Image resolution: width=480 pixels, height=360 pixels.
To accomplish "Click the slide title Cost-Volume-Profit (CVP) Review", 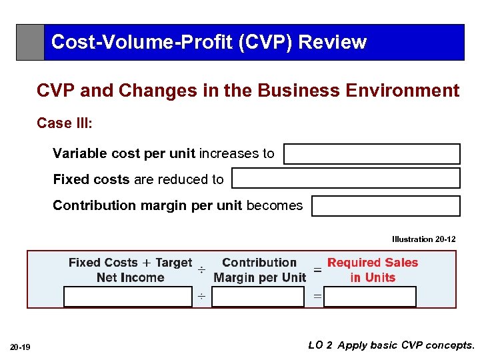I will pyautogui.click(x=208, y=42).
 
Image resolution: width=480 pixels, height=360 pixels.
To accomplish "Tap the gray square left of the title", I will pyautogui.click(x=30, y=43).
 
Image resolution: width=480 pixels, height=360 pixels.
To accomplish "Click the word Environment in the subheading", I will pyautogui.click(x=407, y=91).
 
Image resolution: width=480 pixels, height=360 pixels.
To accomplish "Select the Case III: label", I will pyautogui.click(x=64, y=123).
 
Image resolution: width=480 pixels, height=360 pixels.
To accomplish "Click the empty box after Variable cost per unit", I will pyautogui.click(x=371, y=154).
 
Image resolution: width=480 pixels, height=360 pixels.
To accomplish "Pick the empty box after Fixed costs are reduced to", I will pyautogui.click(x=345, y=179).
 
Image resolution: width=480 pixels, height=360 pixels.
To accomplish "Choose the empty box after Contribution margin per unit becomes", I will pyautogui.click(x=385, y=206).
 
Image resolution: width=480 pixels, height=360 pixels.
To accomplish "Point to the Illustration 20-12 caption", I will pyautogui.click(x=423, y=239).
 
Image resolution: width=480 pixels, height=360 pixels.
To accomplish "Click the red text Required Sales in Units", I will pyautogui.click(x=372, y=270).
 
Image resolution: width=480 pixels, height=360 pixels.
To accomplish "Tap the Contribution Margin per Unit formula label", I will pyautogui.click(x=259, y=270).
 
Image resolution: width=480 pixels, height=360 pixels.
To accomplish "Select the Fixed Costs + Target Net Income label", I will pyautogui.click(x=130, y=270).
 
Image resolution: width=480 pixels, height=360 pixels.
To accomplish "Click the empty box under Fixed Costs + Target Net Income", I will pyautogui.click(x=127, y=297).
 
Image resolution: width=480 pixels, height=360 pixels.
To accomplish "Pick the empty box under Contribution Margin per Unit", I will pyautogui.click(x=257, y=297).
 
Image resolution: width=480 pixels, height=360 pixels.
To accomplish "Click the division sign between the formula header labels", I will pyautogui.click(x=201, y=271).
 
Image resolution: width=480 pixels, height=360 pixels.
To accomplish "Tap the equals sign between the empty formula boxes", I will pyautogui.click(x=317, y=296).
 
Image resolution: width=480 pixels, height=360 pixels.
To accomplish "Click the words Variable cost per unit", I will pyautogui.click(x=123, y=153).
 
